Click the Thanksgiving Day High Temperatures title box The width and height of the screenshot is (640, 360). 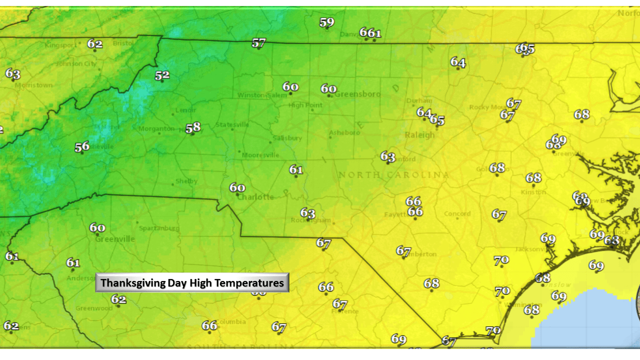[x=192, y=283]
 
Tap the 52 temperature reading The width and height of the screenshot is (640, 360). [x=162, y=75]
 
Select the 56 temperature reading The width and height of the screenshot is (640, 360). [x=82, y=147]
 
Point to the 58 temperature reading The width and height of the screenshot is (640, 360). [x=193, y=128]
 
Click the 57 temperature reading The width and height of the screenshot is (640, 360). [x=258, y=43]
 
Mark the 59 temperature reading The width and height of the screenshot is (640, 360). [x=326, y=22]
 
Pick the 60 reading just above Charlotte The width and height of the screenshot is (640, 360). [x=237, y=188]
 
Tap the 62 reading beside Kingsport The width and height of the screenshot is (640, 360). [x=95, y=43]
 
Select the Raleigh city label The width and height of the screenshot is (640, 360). [x=419, y=135]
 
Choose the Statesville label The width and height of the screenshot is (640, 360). [x=232, y=124]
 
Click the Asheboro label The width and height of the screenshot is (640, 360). [x=344, y=133]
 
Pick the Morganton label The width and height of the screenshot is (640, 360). [x=156, y=129]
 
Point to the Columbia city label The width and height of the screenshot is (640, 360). [x=230, y=321]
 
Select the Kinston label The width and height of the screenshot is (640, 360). [x=533, y=192]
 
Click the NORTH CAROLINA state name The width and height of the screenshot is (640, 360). [x=393, y=175]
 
